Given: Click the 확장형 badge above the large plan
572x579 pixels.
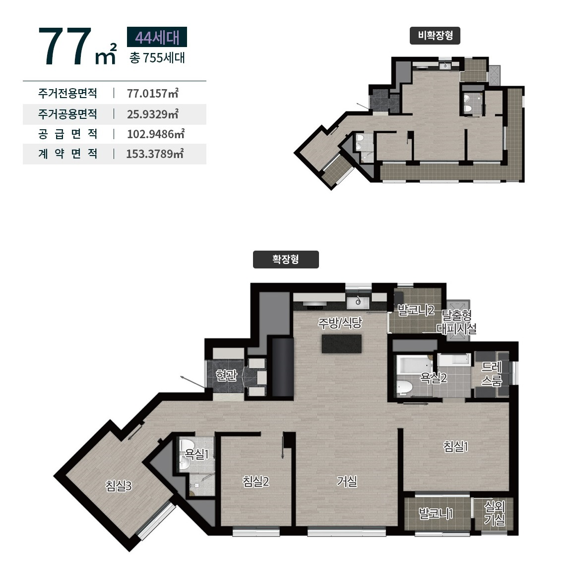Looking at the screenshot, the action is (x=285, y=259).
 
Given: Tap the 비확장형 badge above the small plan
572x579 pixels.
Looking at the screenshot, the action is (x=435, y=36).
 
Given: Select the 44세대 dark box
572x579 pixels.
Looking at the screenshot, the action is (x=157, y=37).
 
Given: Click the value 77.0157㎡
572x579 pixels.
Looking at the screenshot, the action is (x=153, y=94).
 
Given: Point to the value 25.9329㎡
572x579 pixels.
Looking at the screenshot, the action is (x=153, y=114).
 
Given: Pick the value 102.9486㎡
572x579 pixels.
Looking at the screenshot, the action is (x=156, y=134).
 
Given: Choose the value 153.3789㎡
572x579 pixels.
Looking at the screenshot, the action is (x=155, y=154).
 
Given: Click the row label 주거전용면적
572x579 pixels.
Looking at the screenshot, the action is (x=67, y=93).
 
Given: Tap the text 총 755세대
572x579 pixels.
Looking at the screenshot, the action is (x=157, y=58).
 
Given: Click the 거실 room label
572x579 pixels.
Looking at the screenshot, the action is (x=347, y=481).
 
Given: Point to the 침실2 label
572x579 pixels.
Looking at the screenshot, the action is (x=255, y=481).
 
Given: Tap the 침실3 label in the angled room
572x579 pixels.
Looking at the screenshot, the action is (x=119, y=485).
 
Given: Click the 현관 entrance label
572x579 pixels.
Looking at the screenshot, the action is (x=226, y=375).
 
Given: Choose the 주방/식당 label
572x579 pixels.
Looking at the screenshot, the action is (x=340, y=323).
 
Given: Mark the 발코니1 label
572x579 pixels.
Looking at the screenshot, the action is (x=435, y=513).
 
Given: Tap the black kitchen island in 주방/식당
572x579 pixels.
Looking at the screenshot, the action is (x=341, y=344).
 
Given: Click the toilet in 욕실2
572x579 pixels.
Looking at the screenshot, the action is (x=404, y=387).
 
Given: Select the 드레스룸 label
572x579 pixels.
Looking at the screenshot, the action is (x=492, y=373).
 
